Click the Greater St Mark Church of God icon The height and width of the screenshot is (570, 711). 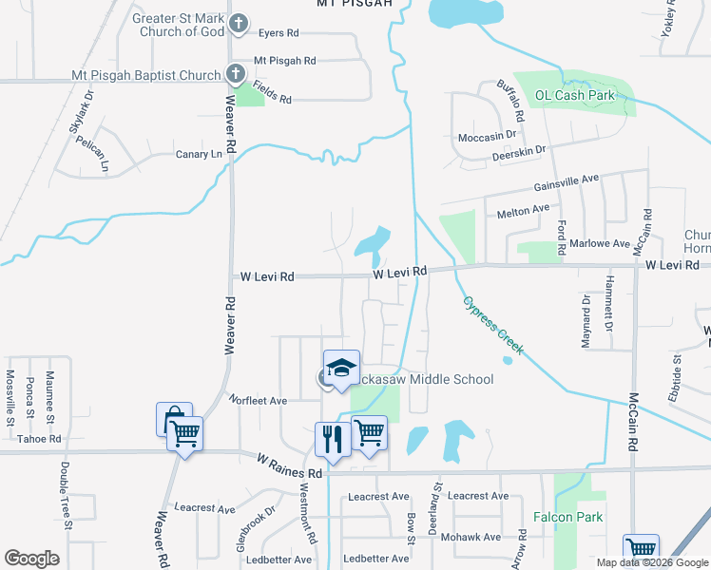click(x=239, y=22)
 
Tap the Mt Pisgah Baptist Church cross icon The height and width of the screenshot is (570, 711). click(x=235, y=73)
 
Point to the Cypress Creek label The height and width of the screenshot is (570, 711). click(x=492, y=325)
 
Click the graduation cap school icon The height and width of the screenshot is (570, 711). click(x=342, y=369)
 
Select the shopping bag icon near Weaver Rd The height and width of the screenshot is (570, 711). click(x=174, y=419)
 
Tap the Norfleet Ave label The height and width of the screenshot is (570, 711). click(x=257, y=401)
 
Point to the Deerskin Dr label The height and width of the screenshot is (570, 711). click(x=518, y=151)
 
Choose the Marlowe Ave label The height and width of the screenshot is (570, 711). click(x=602, y=244)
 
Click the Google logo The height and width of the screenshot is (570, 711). click(x=31, y=559)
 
